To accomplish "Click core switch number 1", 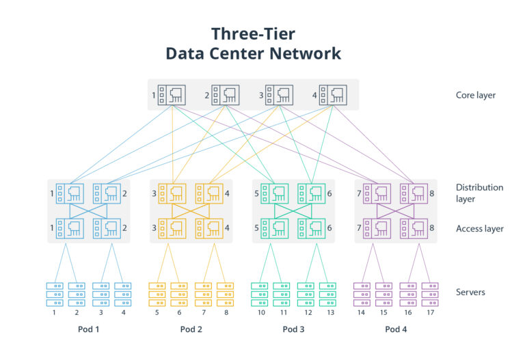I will (x=172, y=95).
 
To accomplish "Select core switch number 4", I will (x=333, y=95).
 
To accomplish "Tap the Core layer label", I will (x=476, y=95).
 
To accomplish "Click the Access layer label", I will (x=479, y=228).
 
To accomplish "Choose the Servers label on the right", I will (x=470, y=292).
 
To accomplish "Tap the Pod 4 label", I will (x=396, y=329).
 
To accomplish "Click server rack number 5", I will (x=157, y=294).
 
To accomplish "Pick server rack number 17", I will (x=430, y=294).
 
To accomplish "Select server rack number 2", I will (x=77, y=294).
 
